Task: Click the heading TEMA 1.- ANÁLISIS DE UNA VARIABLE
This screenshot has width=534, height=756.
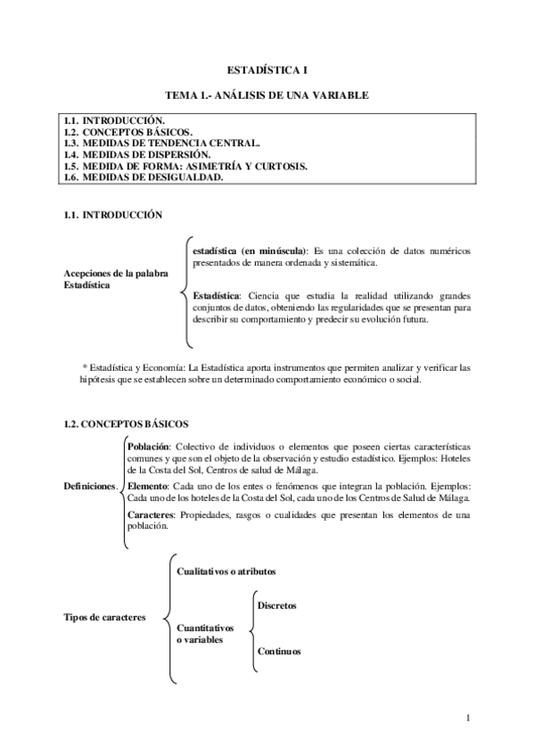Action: tap(267, 94)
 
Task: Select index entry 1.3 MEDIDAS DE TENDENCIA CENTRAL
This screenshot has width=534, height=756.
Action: tap(162, 143)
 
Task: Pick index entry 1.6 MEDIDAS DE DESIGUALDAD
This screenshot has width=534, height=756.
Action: tap(143, 177)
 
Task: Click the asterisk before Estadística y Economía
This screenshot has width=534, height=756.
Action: tap(84, 366)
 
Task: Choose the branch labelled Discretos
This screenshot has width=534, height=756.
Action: tap(276, 606)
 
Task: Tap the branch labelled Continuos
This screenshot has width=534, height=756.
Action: tap(279, 651)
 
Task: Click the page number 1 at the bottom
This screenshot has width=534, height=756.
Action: tap(468, 719)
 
